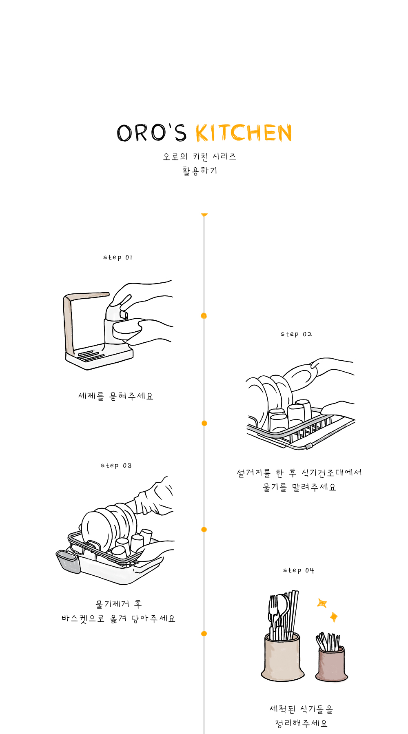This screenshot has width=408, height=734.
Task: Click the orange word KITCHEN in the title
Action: pos(244,133)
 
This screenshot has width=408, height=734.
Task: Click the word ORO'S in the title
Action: pos(152,133)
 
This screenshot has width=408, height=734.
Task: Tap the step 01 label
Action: pos(118,257)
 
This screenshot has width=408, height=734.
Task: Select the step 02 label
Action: pos(296,334)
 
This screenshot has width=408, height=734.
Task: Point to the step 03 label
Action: pos(116,466)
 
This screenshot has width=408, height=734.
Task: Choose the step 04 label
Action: pos(299,570)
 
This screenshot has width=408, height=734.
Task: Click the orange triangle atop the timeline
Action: pos(204,215)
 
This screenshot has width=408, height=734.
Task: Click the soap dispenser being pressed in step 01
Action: pos(117,326)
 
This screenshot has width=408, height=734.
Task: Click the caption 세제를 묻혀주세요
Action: pos(116,396)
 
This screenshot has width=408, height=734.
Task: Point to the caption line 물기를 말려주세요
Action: pos(299,487)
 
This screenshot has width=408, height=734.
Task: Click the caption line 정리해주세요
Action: pos(301,723)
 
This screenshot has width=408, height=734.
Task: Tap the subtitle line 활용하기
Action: pos(200,171)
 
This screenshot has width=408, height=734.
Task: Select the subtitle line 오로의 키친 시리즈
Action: pos(200,156)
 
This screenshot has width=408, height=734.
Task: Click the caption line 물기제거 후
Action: pos(119,604)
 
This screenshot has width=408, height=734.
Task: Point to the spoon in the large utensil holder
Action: pos(282,612)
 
